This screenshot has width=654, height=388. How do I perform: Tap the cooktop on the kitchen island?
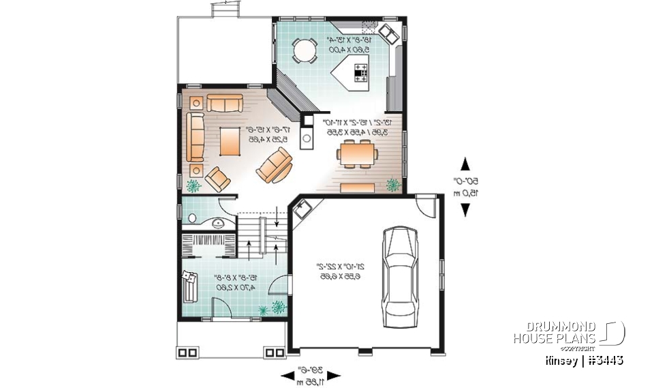pyautogui.click(x=359, y=71)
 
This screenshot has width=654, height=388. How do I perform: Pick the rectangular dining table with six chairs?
pyautogui.click(x=356, y=153)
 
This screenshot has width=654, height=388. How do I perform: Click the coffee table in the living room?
pyautogui.click(x=230, y=140)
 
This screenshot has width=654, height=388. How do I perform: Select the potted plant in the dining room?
pyautogui.click(x=392, y=184)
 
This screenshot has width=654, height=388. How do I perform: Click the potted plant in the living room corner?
pyautogui.click(x=194, y=185)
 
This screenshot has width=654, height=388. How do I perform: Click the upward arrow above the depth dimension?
pyautogui.click(x=465, y=164)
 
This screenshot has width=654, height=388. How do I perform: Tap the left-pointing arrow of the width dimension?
pyautogui.click(x=286, y=376)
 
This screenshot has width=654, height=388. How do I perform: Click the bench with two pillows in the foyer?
pyautogui.click(x=188, y=283)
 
